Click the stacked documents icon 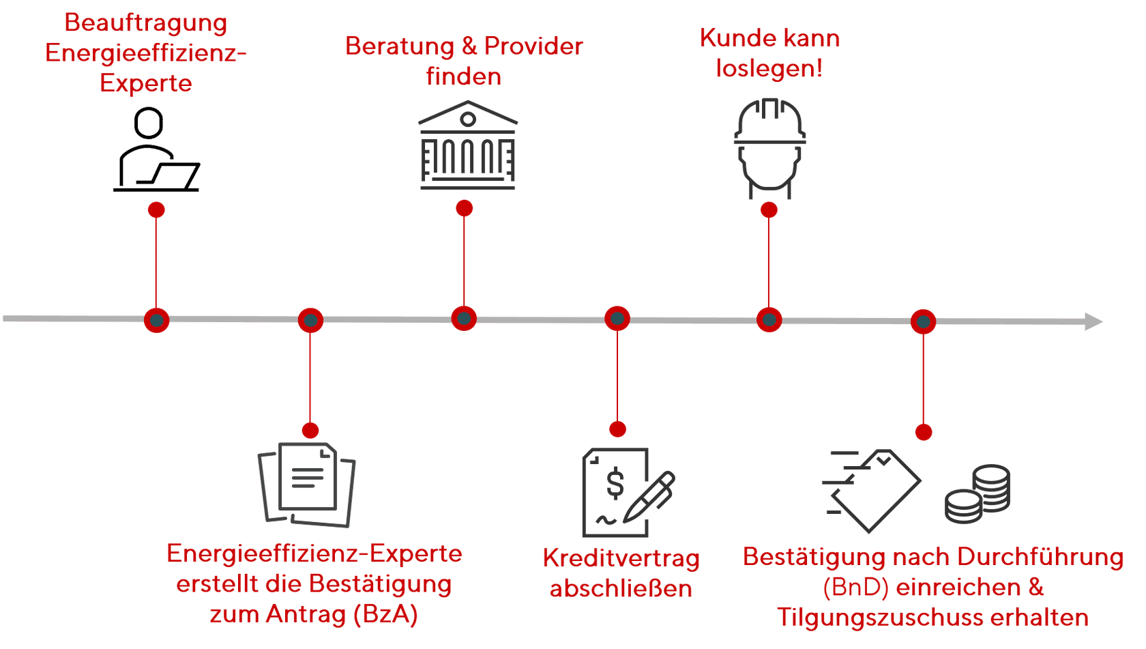[307, 485]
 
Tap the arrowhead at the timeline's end [1093, 321]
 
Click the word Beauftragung [145, 23]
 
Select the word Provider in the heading [533, 46]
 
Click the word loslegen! [769, 69]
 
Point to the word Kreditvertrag [621, 558]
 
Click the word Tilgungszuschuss [879, 618]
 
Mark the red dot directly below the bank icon [464, 208]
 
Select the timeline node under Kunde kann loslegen [769, 319]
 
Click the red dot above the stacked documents [310, 431]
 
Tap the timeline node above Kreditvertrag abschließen [617, 319]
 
